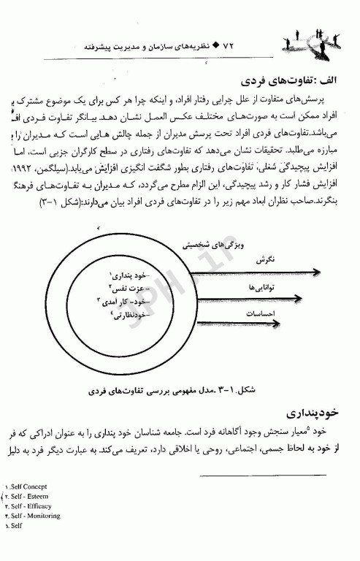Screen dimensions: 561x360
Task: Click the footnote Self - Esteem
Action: (x=31, y=495)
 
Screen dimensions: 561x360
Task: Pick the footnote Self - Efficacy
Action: (x=31, y=505)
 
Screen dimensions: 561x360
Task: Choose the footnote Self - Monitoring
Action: (x=34, y=515)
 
